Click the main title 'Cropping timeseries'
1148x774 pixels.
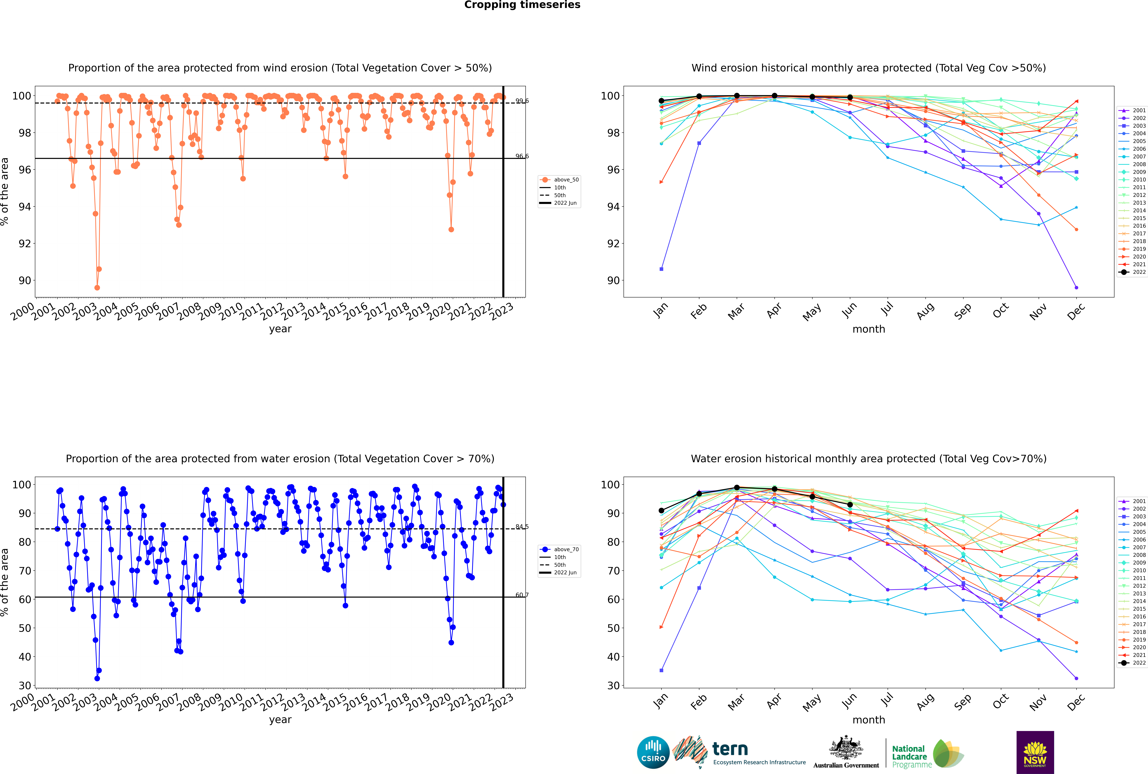522,5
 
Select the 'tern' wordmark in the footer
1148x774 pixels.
730,749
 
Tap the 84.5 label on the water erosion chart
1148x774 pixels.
522,527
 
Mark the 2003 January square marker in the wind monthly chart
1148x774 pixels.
661,269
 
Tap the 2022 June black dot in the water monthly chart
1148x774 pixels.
850,504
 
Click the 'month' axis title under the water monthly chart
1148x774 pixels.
869,720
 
